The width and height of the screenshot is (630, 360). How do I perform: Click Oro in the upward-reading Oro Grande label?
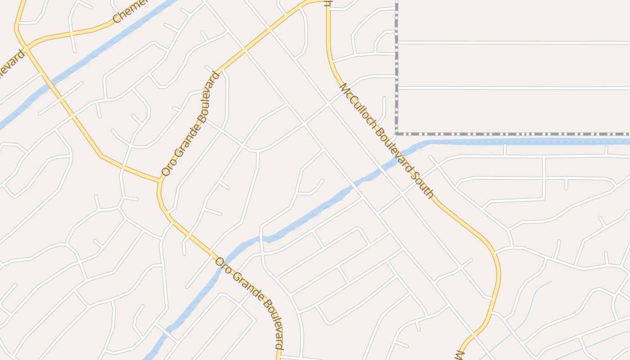coord(167,166)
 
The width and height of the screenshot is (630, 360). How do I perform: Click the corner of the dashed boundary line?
coord(396,134)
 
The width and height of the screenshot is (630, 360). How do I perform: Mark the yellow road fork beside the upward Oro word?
coord(159,181)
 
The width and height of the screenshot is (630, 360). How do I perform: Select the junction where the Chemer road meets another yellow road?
coord(27,47)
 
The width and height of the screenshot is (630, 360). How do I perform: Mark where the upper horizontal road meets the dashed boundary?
coord(396,43)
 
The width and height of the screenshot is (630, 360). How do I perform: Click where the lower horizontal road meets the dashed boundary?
coord(396,87)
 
